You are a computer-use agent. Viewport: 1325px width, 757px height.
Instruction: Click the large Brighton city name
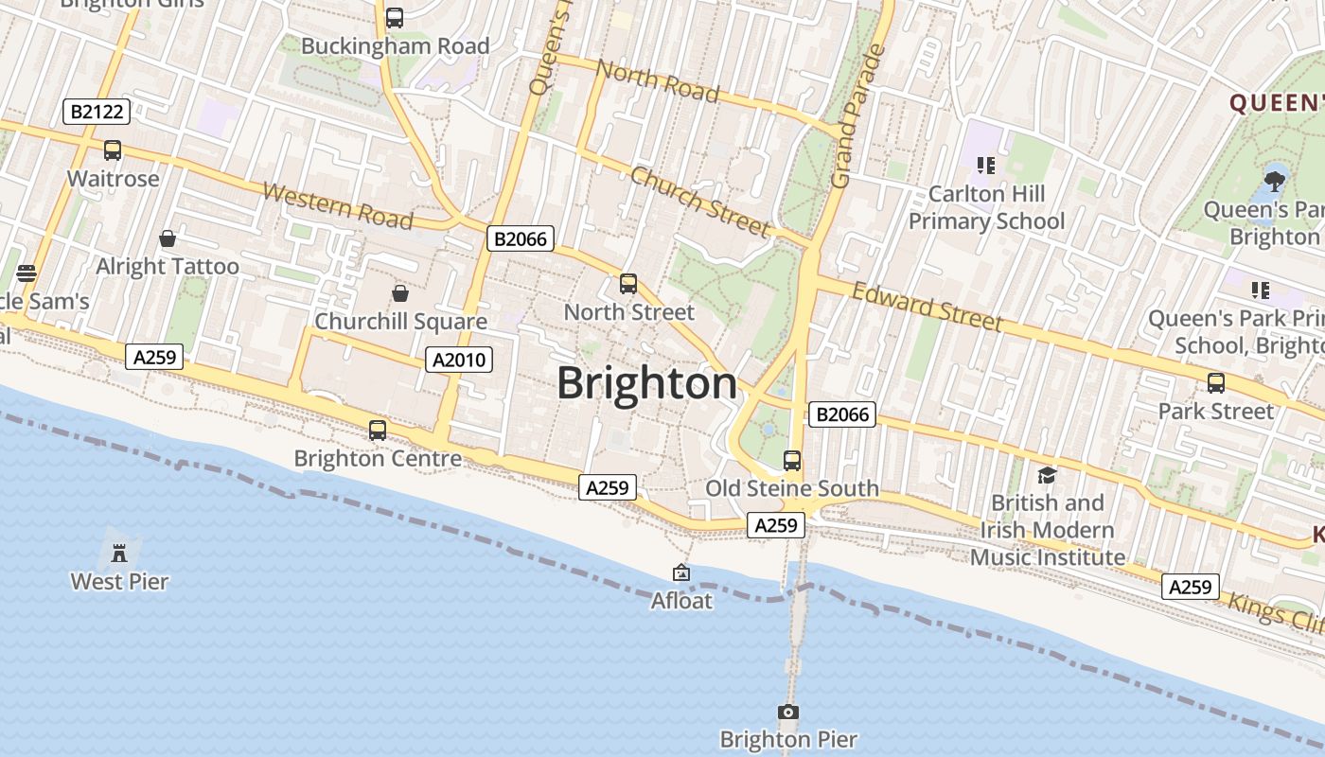coord(646,384)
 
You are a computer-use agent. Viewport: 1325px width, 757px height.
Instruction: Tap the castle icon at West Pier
coord(119,552)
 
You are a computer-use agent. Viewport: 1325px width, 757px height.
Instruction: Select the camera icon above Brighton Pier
coord(787,712)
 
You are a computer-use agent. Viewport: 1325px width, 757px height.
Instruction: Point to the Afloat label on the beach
coord(681,601)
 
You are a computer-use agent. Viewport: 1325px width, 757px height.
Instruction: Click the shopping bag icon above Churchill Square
coord(400,292)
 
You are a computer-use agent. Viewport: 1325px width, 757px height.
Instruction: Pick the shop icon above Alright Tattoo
coord(168,238)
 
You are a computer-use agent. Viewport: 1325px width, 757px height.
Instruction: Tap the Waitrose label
coord(113,179)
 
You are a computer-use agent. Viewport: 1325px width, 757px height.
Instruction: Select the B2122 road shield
coord(96,112)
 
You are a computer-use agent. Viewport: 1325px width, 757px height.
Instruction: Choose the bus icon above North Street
coord(628,283)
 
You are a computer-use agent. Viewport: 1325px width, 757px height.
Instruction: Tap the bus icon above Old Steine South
coord(792,461)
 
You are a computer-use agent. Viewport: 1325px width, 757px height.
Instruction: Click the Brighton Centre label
coord(378,459)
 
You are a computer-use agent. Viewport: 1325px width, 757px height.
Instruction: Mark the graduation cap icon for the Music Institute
coord(1047,475)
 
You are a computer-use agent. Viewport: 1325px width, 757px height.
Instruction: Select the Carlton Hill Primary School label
coord(986,207)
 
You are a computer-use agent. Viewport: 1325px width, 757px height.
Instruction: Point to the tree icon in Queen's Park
coord(1274,179)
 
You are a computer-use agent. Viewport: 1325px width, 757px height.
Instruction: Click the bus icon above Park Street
coord(1216,383)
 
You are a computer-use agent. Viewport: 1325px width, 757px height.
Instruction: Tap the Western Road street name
coord(338,206)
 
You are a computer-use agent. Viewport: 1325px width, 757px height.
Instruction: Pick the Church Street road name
coord(699,202)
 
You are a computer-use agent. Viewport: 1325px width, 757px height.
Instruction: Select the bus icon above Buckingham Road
coord(395,17)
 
